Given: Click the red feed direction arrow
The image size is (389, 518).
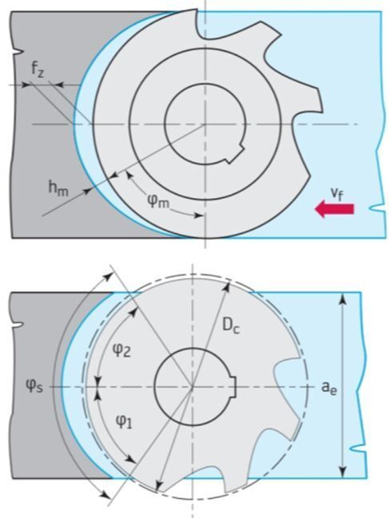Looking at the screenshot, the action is (x=334, y=209).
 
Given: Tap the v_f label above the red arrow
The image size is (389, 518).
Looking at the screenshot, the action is (x=337, y=194).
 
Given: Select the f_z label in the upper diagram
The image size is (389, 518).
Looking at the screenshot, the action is (x=38, y=69).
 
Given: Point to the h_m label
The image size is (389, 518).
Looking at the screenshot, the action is (x=58, y=189).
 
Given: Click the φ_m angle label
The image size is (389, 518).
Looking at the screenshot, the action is (x=159, y=201).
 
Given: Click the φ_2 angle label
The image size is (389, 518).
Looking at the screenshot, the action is (x=122, y=350).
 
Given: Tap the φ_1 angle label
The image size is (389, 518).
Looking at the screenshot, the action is (x=124, y=421).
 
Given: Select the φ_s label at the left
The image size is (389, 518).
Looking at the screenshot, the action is (x=34, y=386).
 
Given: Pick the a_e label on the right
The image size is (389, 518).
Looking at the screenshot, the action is (x=329, y=387).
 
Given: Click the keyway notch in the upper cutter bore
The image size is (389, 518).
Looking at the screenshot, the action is (x=236, y=153).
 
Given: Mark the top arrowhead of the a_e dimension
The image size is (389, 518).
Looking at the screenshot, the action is (x=343, y=299).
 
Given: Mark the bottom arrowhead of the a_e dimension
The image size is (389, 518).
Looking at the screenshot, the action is (x=343, y=471).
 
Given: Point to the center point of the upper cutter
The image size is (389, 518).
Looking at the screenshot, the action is (x=205, y=125).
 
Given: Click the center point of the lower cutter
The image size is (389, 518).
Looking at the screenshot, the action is (x=193, y=386).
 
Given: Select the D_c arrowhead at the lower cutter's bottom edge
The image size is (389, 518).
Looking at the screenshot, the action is (x=158, y=485).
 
